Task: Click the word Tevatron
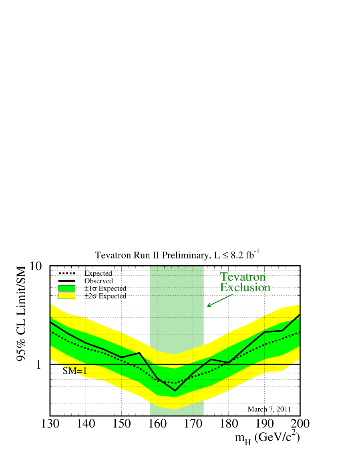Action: (x=243, y=277)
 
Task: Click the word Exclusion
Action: (x=245, y=288)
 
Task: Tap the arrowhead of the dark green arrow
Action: (x=208, y=307)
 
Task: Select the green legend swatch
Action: (x=66, y=288)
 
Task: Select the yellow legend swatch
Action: (x=66, y=296)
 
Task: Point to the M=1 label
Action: (x=77, y=371)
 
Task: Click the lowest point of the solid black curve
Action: (x=175, y=391)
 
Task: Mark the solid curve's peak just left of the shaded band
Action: (x=139, y=353)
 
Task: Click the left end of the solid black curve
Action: (x=51, y=322)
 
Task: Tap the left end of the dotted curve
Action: (x=51, y=332)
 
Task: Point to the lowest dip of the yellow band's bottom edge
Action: (x=175, y=409)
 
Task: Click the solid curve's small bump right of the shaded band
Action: (x=211, y=359)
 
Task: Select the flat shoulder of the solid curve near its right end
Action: (x=274, y=331)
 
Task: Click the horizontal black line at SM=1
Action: (x=240, y=364)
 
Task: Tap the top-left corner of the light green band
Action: (x=150, y=266)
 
